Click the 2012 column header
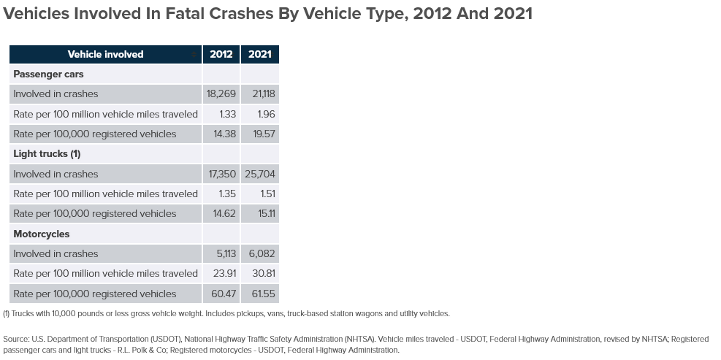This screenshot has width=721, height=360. coord(221,54)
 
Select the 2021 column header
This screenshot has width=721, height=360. coord(260,54)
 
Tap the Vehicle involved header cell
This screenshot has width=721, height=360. coord(105,54)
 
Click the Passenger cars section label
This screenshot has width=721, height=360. coord(48,74)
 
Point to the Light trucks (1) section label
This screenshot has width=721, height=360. coord(47,153)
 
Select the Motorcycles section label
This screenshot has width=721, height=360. coord(42,234)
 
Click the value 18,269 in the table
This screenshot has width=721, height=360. coord(221,93)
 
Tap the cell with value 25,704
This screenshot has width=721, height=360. coord(260,174)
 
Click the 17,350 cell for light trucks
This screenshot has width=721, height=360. coord(221,174)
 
